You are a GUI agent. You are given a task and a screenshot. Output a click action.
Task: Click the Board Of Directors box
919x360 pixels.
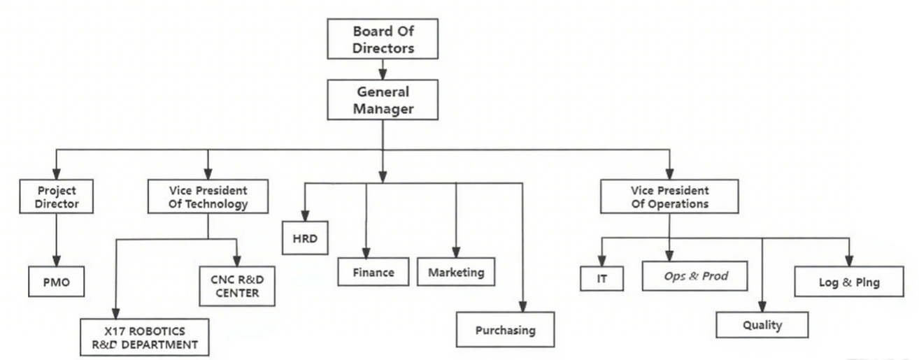[x=383, y=40]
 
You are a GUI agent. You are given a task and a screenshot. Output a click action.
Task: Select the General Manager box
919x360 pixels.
[x=383, y=100]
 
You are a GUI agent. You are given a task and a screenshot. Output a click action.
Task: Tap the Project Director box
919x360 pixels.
[x=56, y=197]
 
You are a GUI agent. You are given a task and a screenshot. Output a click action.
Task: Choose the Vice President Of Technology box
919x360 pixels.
[x=208, y=197]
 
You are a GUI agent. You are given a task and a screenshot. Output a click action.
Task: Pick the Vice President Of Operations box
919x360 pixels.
[x=669, y=197]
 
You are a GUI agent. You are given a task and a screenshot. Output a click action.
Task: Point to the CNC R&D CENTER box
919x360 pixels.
[x=237, y=286]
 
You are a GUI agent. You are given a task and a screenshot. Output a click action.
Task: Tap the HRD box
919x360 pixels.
[x=305, y=238]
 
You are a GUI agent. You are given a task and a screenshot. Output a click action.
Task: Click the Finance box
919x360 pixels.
[x=373, y=272]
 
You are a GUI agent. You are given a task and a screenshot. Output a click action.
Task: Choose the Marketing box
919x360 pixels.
[x=456, y=272]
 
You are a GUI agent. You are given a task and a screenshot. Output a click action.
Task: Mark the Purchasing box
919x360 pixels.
[x=505, y=329]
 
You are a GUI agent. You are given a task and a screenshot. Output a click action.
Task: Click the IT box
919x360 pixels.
[x=601, y=278]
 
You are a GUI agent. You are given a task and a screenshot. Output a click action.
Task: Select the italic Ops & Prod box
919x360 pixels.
[x=695, y=276]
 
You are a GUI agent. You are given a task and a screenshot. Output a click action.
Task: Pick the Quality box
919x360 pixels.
[x=762, y=325]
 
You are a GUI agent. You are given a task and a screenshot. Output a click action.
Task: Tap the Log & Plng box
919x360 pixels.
[x=849, y=282]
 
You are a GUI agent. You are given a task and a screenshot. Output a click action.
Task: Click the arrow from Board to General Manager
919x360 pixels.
[x=383, y=69]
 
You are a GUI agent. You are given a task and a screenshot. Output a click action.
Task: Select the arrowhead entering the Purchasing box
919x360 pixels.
[x=522, y=306]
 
